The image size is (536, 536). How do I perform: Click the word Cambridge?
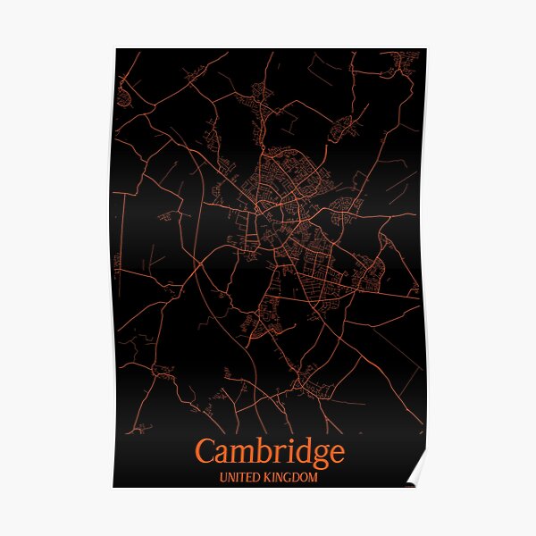tap(268, 451)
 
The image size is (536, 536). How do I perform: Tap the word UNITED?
tap(239, 478)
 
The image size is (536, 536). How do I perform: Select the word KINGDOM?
tap(289, 478)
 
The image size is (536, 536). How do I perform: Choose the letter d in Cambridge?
tap(297, 449)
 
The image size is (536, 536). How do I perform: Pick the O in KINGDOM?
tap(303, 478)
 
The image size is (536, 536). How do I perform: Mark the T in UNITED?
tap(241, 478)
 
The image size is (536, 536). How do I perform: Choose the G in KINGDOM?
tap(285, 478)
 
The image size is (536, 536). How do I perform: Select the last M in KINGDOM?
tap(313, 478)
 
